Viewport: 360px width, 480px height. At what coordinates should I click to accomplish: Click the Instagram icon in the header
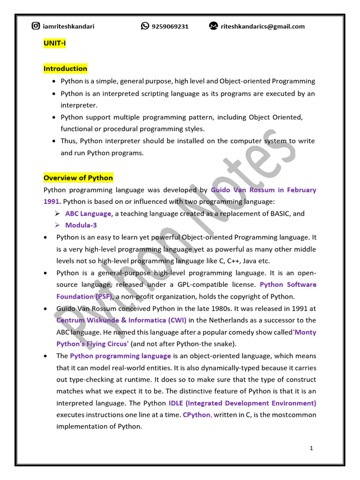click(36, 26)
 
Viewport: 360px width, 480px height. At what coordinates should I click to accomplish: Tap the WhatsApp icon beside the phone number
click(145, 26)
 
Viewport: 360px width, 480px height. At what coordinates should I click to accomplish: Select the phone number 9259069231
click(170, 26)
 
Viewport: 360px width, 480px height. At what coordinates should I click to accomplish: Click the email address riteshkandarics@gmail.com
click(263, 26)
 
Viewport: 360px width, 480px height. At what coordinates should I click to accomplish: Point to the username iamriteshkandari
click(68, 26)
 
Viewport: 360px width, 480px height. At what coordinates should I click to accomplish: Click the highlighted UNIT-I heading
click(54, 44)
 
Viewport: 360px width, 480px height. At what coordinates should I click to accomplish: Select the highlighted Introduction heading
click(65, 68)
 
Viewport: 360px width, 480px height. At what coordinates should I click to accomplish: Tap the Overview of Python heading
click(78, 178)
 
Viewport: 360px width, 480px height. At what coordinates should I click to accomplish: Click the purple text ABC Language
click(88, 213)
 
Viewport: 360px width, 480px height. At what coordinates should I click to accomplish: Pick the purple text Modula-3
click(81, 225)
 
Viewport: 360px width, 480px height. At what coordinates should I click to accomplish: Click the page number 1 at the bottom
click(311, 448)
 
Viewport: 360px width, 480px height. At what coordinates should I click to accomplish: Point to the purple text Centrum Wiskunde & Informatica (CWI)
click(121, 320)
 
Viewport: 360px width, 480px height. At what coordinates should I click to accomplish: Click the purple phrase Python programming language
click(120, 356)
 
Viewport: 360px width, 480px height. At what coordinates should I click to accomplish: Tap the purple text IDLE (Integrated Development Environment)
click(242, 403)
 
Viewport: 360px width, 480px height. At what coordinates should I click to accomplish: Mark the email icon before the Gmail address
click(213, 26)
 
